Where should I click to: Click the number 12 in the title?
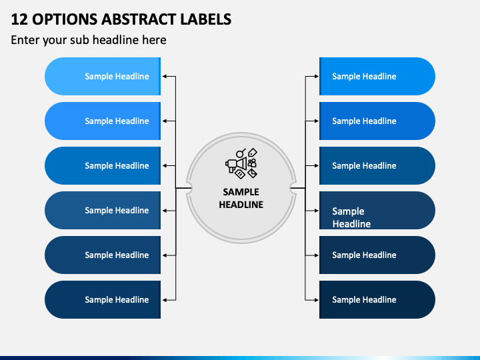(x=19, y=19)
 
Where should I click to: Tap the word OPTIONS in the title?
(x=65, y=19)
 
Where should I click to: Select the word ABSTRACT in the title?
(x=139, y=19)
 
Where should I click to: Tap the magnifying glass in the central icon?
(x=241, y=153)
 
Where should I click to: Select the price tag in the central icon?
(x=253, y=152)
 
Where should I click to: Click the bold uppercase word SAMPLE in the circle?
(x=241, y=192)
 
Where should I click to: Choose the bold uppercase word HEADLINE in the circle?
(x=241, y=205)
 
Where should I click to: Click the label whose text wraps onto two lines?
(x=377, y=210)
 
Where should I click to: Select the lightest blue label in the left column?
(x=103, y=76)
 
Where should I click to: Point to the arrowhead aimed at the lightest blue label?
(x=165, y=76)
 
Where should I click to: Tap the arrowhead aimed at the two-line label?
(x=316, y=211)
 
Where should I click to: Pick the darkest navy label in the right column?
(x=377, y=300)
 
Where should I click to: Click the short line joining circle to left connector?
(x=183, y=188)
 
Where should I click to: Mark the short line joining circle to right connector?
(x=298, y=188)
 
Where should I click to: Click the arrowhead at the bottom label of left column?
(x=165, y=300)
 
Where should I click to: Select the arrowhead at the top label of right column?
(x=316, y=76)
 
